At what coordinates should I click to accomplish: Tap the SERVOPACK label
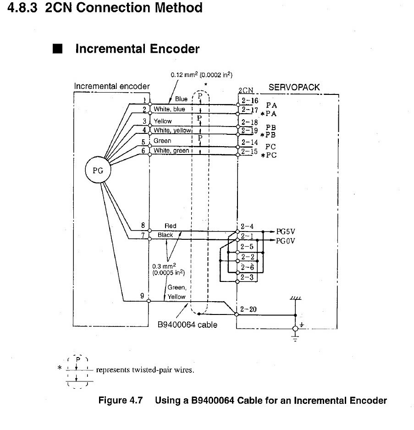(294, 87)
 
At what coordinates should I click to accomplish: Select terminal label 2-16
(250, 100)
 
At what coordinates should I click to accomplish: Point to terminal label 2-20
(248, 309)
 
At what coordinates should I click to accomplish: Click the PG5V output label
(285, 232)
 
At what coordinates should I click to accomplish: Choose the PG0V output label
(285, 241)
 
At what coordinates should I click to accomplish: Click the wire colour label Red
(171, 226)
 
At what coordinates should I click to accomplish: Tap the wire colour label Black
(165, 235)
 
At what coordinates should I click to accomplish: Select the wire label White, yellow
(172, 130)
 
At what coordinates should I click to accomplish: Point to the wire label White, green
(171, 150)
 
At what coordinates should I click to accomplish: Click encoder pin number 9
(142, 296)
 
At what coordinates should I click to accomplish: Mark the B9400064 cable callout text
(188, 325)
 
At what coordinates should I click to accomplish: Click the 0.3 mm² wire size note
(168, 269)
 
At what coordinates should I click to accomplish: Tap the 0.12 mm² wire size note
(201, 75)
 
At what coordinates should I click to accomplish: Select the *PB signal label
(268, 135)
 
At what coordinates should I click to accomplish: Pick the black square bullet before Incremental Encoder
(58, 49)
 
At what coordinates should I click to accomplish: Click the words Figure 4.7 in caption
(121, 400)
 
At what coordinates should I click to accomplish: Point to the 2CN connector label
(246, 90)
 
